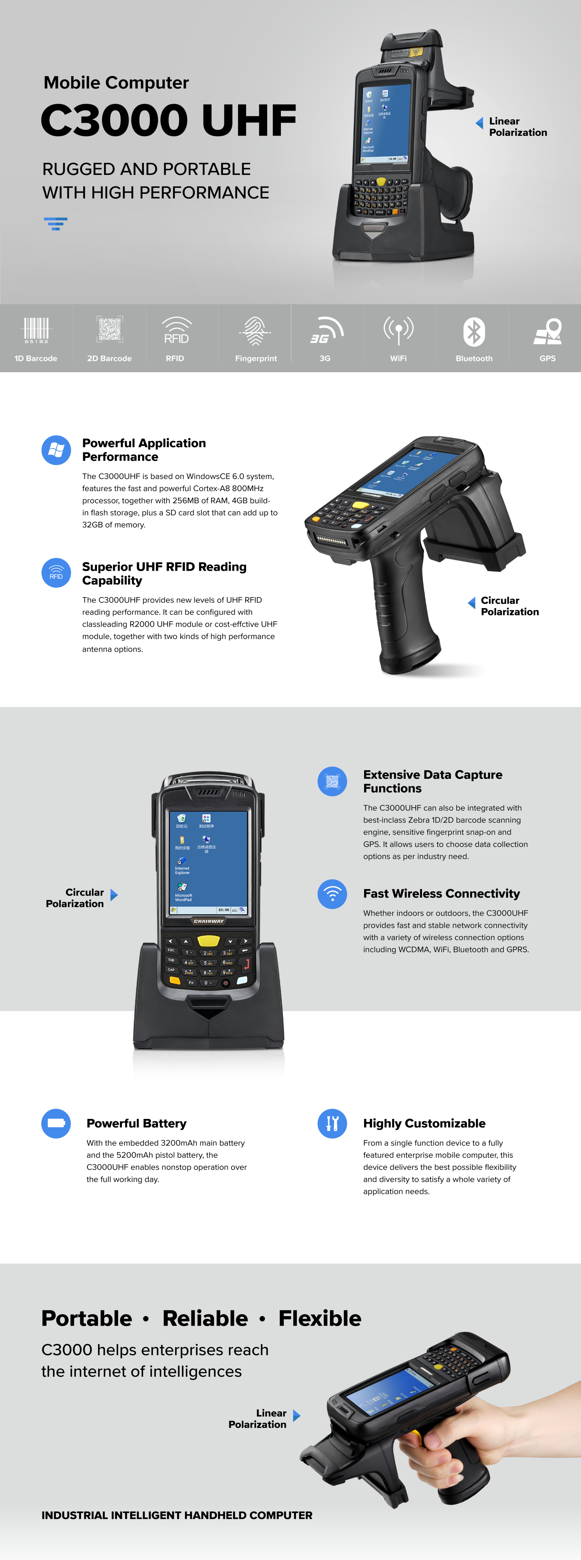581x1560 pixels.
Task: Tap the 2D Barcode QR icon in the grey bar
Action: click(109, 329)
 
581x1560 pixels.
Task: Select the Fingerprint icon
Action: click(255, 331)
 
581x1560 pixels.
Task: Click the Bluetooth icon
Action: click(474, 332)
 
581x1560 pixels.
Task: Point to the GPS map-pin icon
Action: click(548, 331)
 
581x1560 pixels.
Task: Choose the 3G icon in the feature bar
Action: click(326, 330)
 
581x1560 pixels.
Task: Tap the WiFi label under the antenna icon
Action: click(398, 359)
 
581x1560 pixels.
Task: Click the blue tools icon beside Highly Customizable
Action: click(332, 1123)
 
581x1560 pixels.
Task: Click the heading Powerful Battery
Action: click(136, 1123)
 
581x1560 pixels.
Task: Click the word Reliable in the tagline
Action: click(205, 1318)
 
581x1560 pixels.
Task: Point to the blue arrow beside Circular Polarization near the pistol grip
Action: click(472, 602)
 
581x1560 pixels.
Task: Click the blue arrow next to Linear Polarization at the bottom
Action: click(296, 1415)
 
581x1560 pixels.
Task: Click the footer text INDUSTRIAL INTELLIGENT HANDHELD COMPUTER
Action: click(177, 1515)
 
